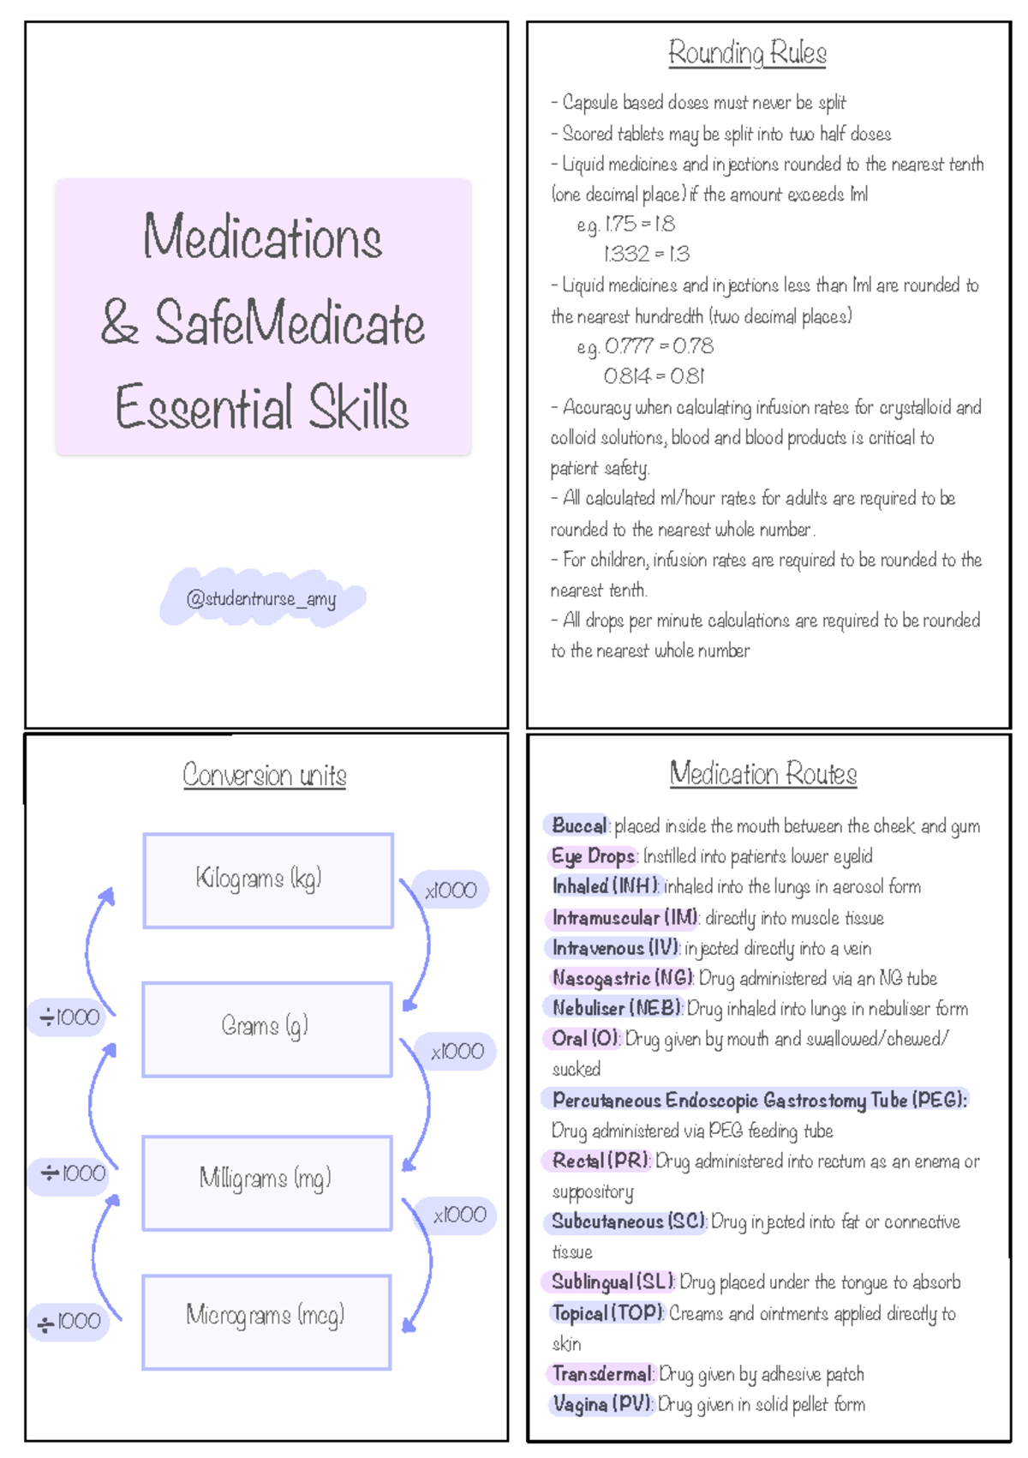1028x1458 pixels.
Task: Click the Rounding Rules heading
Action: [x=747, y=53]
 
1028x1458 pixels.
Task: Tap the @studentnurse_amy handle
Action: [x=261, y=598]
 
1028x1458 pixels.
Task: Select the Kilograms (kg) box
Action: [x=268, y=879]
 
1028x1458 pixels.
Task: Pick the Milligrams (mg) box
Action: [x=266, y=1181]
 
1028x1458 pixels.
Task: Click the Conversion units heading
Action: [x=265, y=776]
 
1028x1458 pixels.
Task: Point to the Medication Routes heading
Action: [x=763, y=774]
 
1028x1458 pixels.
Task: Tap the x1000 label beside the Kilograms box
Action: [x=451, y=890]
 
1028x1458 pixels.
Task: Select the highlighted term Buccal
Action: [x=579, y=826]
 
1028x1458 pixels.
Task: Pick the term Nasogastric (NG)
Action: [x=623, y=978]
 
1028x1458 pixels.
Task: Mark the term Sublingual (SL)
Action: [x=613, y=1282]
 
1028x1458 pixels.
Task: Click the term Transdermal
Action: [x=601, y=1374]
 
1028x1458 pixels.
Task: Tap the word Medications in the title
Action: [x=262, y=237]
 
